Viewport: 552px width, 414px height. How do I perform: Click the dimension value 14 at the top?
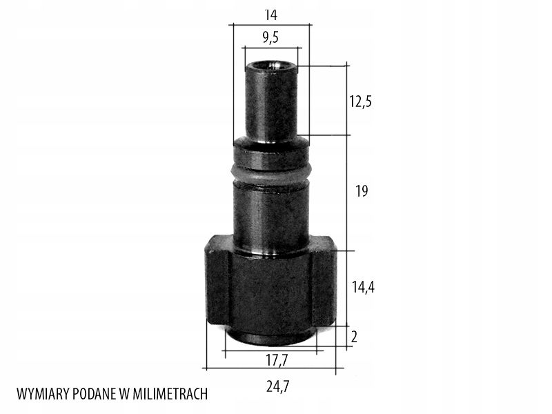click(x=270, y=14)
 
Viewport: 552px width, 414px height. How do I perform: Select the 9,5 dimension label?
click(x=270, y=37)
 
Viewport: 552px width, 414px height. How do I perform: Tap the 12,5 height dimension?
click(x=360, y=101)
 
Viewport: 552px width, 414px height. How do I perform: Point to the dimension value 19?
click(x=362, y=191)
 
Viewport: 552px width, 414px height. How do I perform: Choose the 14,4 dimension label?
click(x=363, y=287)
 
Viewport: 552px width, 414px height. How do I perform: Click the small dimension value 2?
click(x=354, y=337)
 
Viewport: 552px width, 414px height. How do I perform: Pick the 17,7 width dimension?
click(x=277, y=360)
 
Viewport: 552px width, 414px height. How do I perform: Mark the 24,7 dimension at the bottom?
click(x=278, y=387)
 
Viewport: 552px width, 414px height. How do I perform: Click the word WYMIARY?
click(x=43, y=394)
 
